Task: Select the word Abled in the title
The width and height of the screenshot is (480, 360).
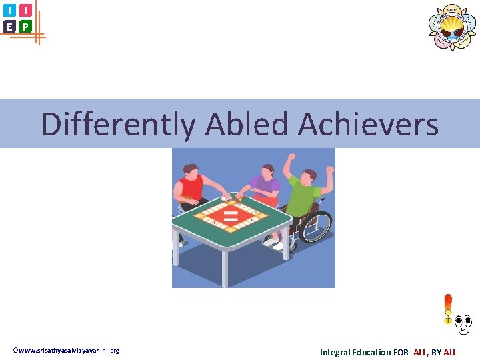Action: pyautogui.click(x=248, y=124)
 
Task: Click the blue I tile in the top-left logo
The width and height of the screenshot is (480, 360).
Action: pyautogui.click(x=9, y=11)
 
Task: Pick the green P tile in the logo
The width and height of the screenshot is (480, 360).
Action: pyautogui.click(x=25, y=27)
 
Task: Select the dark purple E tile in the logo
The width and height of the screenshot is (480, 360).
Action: pyautogui.click(x=9, y=27)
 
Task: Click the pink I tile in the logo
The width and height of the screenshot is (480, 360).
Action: pyautogui.click(x=25, y=11)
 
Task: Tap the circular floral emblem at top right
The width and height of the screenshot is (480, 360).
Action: pyautogui.click(x=452, y=27)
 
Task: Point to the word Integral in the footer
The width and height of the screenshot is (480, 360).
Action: pyautogui.click(x=336, y=352)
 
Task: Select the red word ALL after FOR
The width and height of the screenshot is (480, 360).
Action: pyautogui.click(x=421, y=352)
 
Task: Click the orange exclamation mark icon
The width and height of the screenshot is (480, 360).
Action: pyautogui.click(x=448, y=309)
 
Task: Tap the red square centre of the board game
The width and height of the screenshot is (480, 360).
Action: pyautogui.click(x=231, y=215)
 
